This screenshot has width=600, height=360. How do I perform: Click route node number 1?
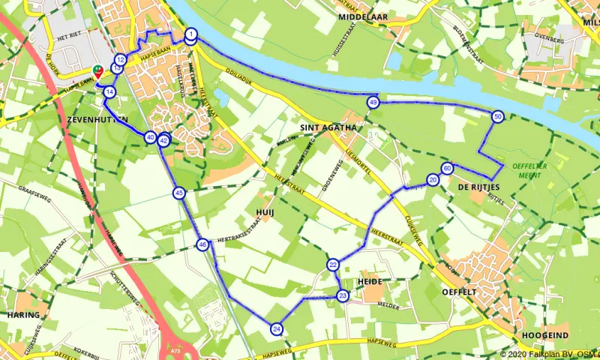click(x=191, y=34)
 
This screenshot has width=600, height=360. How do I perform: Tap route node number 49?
click(x=373, y=102)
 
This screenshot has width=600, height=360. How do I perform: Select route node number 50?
click(x=497, y=116)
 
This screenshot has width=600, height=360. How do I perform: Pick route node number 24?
click(x=277, y=328)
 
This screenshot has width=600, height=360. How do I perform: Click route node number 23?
click(x=342, y=295)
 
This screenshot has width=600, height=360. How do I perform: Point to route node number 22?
click(x=332, y=264)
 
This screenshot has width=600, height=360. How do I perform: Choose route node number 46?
click(x=202, y=244)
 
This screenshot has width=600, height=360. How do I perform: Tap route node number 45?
click(x=178, y=193)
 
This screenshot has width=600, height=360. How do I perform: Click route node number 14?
click(x=110, y=92)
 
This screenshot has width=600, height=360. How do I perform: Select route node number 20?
click(x=433, y=180)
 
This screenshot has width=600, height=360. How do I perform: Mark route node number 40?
click(x=151, y=137)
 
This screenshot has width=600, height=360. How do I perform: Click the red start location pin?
click(x=97, y=73)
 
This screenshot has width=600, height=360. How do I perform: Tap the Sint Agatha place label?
click(x=326, y=127)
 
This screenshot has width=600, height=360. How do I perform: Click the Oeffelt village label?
click(x=460, y=291)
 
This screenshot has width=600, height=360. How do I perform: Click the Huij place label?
click(x=265, y=212)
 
